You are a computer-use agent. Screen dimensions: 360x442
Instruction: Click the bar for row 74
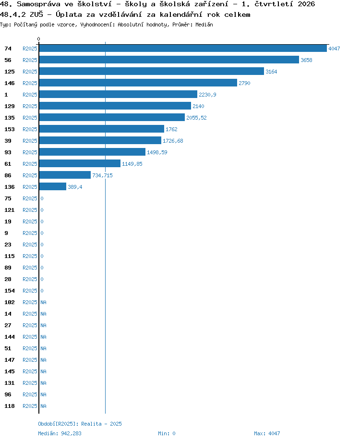[183, 48]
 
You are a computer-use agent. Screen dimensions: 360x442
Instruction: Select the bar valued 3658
[169, 60]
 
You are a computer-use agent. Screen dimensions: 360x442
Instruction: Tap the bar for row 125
[152, 71]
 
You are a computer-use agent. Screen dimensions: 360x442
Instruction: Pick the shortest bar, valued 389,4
[53, 186]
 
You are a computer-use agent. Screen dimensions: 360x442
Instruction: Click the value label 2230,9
[208, 95]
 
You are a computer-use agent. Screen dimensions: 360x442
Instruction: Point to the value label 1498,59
[157, 152]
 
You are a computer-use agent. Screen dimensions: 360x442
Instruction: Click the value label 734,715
[102, 175]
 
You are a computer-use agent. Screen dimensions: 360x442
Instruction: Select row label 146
[10, 83]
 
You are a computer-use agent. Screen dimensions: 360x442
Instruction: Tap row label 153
[10, 129]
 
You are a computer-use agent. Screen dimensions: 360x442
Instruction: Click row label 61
[8, 164]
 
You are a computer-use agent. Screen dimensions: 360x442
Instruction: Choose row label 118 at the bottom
[10, 406]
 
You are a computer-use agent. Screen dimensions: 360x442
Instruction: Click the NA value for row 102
[43, 302]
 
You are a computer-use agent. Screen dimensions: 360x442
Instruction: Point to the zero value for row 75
[42, 198]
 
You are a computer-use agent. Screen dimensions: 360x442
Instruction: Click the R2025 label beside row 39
[30, 141]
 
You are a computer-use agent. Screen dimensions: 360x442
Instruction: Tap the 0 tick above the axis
[38, 39]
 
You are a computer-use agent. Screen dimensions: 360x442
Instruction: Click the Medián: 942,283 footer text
[60, 433]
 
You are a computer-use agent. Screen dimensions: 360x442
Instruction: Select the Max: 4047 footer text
[267, 433]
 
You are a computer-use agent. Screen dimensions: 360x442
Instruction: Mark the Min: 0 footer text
[167, 433]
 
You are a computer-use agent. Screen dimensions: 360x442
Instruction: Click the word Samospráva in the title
[38, 4]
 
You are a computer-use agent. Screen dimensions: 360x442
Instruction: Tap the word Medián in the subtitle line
[204, 25]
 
